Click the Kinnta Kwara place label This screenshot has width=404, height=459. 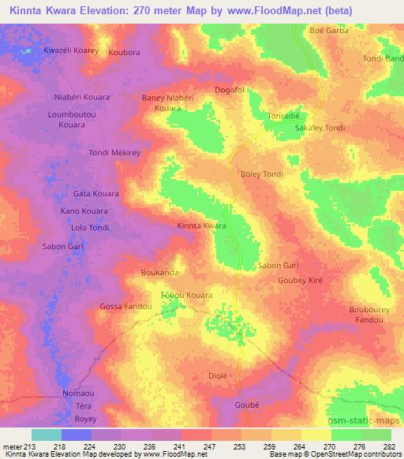[201, 226]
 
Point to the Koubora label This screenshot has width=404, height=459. [125, 53]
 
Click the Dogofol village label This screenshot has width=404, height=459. [232, 90]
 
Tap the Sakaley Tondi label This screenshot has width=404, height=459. [320, 127]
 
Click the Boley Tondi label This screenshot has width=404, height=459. [260, 174]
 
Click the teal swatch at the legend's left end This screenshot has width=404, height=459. [46, 435]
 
